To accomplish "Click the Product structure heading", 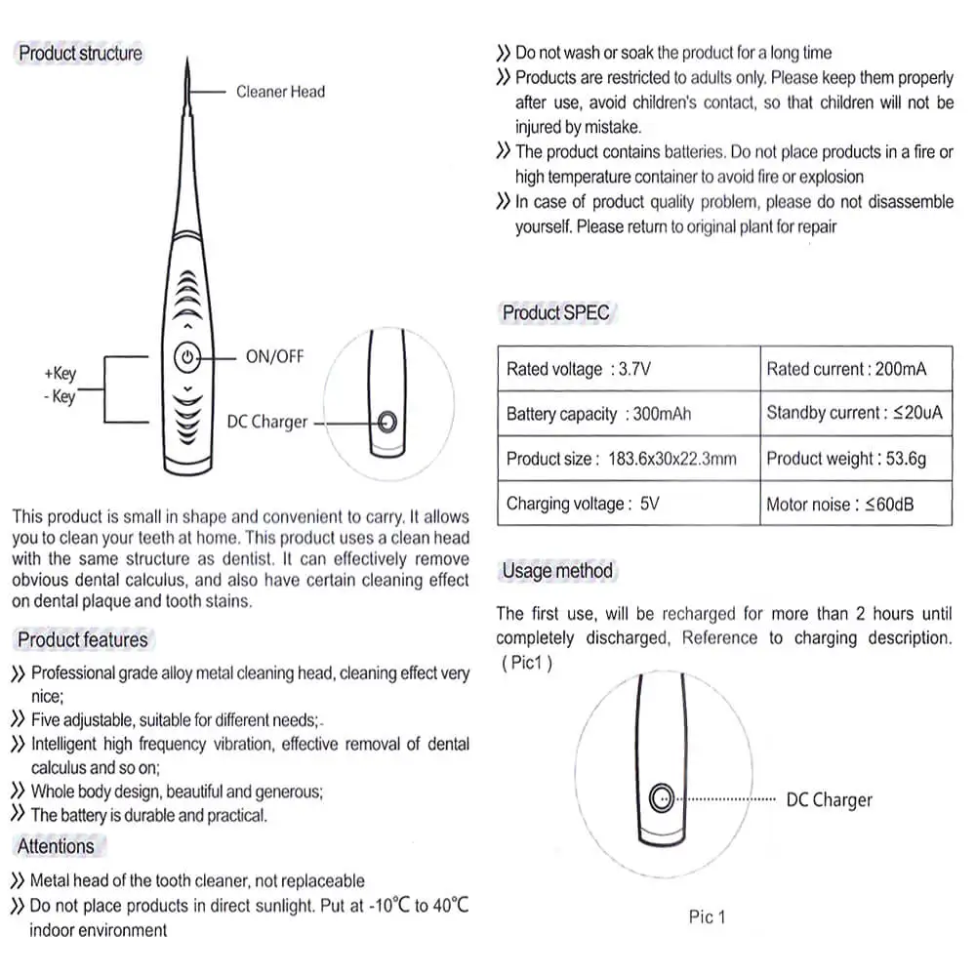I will point(80,54).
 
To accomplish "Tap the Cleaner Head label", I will point(280,92).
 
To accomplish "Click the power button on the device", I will point(187,358).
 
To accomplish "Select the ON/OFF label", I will point(274,357).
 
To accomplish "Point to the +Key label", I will point(60,374).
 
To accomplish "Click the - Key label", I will point(59,397).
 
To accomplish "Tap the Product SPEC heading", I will point(555,313).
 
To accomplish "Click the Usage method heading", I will point(557,571).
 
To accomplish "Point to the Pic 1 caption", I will point(707,916).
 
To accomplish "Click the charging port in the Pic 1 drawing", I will point(661,797).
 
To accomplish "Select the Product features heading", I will point(83,640).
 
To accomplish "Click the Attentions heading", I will point(56,846).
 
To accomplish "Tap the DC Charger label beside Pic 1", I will point(829,799).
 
